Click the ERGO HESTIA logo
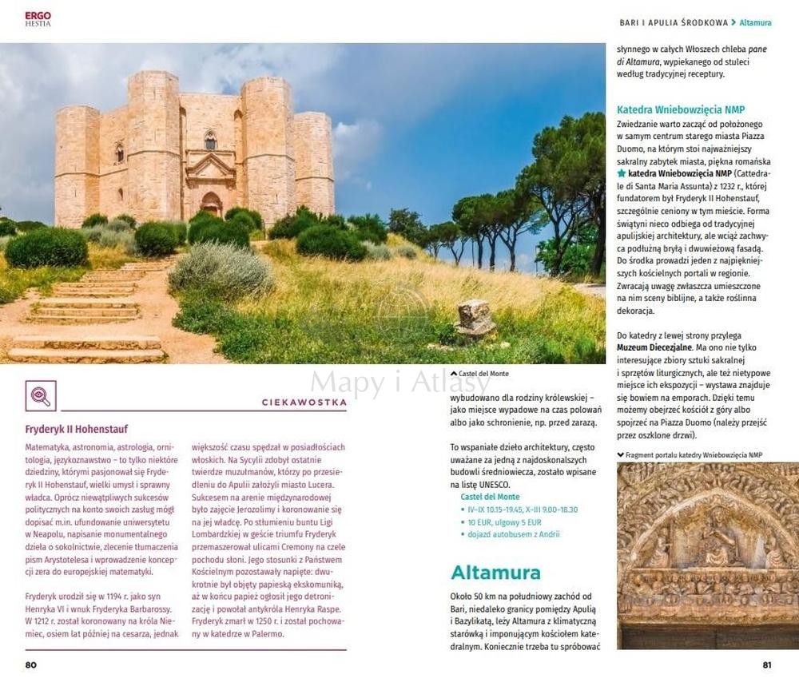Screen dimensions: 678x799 (38, 18)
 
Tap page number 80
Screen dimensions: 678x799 (31, 664)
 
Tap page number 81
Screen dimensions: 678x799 (767, 664)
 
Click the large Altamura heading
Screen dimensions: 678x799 (495, 572)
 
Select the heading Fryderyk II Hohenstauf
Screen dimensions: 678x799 (77, 429)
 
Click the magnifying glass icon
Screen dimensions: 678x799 (41, 395)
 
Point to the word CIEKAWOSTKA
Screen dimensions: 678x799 (304, 402)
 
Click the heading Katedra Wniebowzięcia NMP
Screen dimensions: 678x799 (681, 109)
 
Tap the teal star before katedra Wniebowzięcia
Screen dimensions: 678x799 (622, 172)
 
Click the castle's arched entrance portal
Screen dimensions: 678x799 (211, 204)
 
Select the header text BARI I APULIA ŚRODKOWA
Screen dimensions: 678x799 (674, 22)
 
